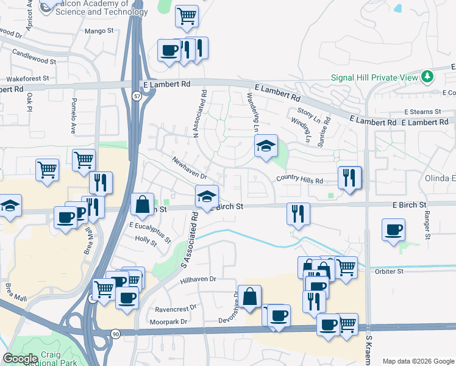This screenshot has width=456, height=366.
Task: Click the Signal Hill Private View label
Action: (x=374, y=77)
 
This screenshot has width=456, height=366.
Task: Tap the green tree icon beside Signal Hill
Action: (x=429, y=77)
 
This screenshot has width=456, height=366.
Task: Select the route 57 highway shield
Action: (x=138, y=96)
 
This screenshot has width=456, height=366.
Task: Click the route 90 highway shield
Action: (x=115, y=333)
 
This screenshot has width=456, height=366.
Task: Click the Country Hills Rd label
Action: (x=299, y=179)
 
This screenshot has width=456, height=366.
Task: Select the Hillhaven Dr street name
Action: (x=199, y=279)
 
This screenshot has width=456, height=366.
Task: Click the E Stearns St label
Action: (x=422, y=112)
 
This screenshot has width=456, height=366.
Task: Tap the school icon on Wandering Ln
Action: (x=266, y=146)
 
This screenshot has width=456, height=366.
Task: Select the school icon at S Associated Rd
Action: (x=207, y=197)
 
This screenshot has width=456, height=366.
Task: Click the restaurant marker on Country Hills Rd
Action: (x=349, y=178)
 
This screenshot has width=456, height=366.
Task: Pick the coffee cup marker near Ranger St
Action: (x=393, y=230)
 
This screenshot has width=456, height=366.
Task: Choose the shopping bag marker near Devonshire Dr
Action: (x=250, y=297)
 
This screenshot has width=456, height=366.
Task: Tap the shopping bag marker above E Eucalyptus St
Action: (x=142, y=204)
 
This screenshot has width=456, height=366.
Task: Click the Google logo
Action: (x=21, y=358)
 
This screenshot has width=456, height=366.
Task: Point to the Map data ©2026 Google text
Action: (x=418, y=361)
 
